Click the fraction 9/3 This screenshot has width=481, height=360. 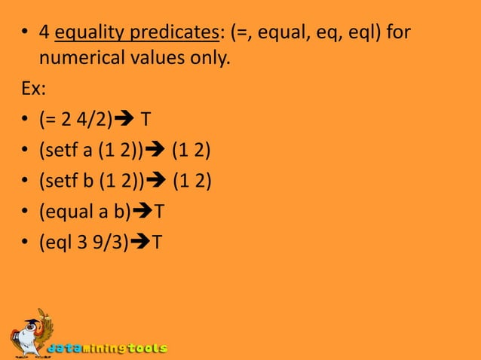tap(111, 243)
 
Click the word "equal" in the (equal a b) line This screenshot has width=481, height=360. tap(68, 213)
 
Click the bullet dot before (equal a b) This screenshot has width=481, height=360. tap(26, 214)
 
